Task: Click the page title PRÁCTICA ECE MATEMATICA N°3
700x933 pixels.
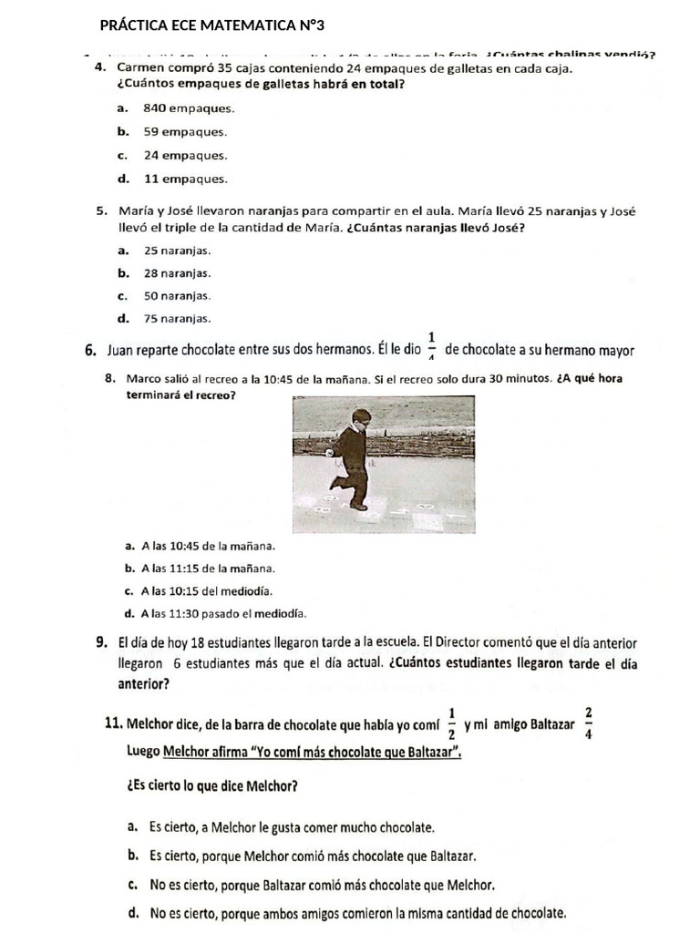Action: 211,25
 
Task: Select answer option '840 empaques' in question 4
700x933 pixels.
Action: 176,108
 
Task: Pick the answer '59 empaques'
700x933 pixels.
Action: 172,132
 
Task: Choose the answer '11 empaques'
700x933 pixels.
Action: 172,179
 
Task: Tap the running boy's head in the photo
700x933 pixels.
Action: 362,418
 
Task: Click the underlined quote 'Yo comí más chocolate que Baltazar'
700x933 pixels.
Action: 311,753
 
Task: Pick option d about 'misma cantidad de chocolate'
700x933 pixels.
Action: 357,912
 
